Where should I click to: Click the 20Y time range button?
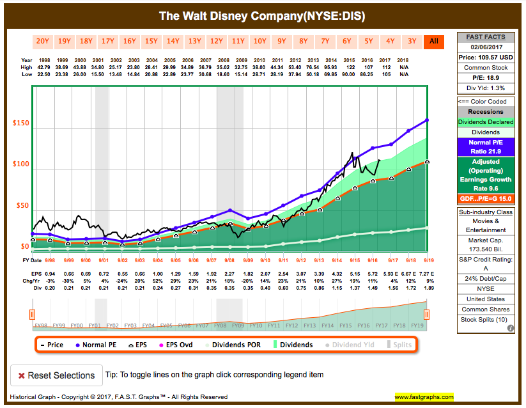point(43,42)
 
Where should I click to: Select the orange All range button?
point(434,42)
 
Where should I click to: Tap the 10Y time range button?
point(260,42)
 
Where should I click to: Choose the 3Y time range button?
point(412,42)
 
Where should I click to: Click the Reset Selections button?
point(56,375)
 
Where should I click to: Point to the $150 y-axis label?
point(20,123)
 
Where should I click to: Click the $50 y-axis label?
point(22,205)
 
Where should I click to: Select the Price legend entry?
point(52,345)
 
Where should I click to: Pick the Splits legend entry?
point(399,345)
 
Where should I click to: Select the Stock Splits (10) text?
point(485,319)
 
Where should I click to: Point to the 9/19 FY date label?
point(426,260)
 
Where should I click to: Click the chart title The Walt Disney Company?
point(263,15)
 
